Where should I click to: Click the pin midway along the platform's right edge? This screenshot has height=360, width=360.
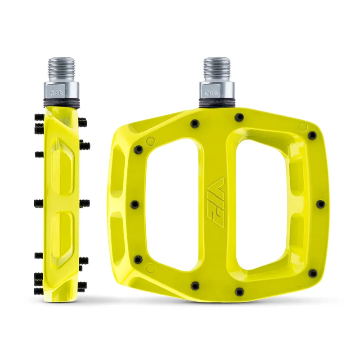point(320,204)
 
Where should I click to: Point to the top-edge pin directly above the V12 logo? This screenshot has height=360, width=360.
point(239,117)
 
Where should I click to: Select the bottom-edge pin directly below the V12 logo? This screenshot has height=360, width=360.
point(239,291)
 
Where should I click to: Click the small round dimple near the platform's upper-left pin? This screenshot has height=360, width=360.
point(150,140)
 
